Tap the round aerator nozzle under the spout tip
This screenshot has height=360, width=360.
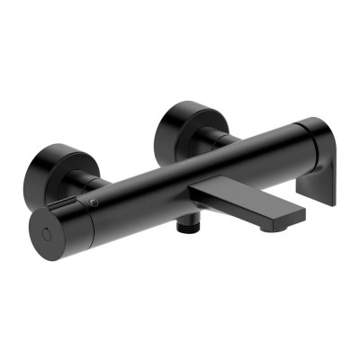coord(267,229)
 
